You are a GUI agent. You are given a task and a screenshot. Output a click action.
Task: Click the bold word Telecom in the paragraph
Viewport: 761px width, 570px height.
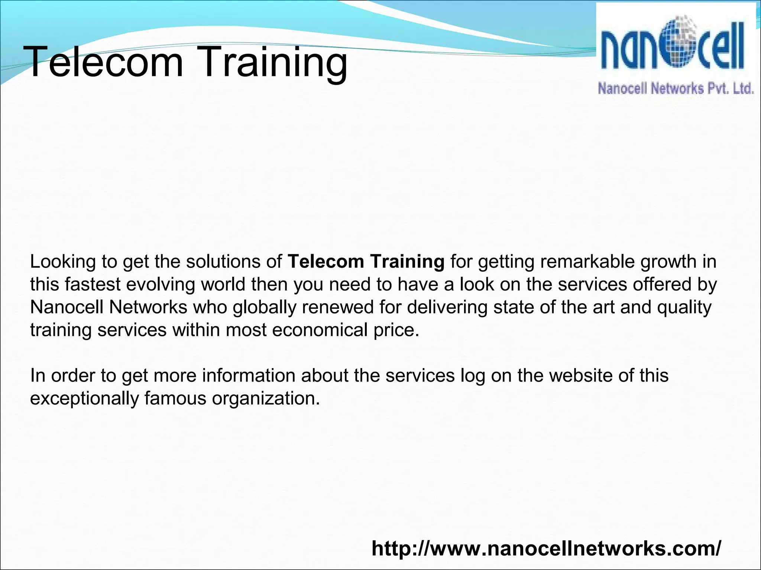[x=326, y=262]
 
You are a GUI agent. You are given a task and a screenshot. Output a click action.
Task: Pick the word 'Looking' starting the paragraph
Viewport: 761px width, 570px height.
[x=63, y=262]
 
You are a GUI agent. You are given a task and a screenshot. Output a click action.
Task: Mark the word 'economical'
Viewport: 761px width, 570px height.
[x=320, y=330]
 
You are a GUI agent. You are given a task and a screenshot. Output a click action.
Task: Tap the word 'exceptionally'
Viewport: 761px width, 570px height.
[x=84, y=399]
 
